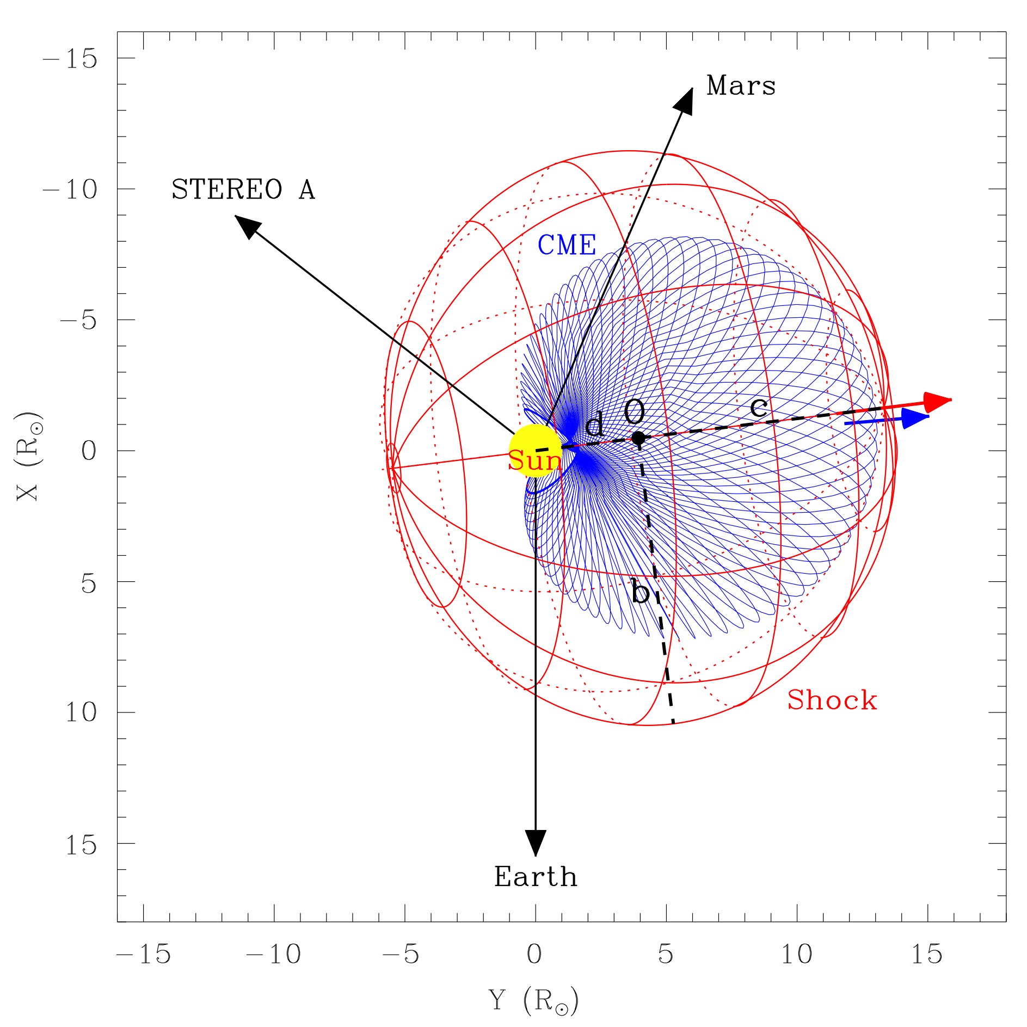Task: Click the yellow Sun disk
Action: [535, 451]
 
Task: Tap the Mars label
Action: [741, 86]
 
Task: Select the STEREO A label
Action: [243, 190]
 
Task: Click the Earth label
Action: [536, 877]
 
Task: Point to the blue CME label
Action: [567, 245]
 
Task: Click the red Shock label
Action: [832, 700]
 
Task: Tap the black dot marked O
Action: [638, 438]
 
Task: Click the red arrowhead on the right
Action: [937, 402]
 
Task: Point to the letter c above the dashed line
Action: [759, 407]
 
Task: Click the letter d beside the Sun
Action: [594, 425]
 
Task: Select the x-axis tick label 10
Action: [797, 954]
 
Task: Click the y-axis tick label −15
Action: [70, 59]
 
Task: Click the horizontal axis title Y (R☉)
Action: [533, 1000]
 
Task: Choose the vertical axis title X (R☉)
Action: [28, 456]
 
